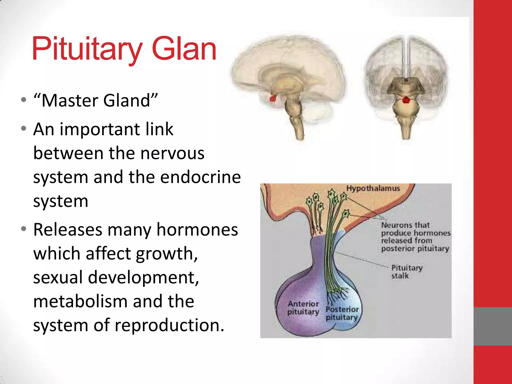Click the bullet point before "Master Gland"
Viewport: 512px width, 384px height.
[24, 100]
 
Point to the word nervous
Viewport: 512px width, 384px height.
[172, 153]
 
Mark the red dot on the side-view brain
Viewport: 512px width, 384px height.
[273, 98]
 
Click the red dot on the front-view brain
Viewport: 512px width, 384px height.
[406, 100]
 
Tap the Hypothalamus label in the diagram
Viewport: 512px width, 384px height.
[373, 188]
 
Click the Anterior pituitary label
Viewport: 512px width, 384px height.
[303, 308]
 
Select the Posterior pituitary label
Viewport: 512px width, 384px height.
[342, 313]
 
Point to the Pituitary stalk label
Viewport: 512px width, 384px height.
[406, 272]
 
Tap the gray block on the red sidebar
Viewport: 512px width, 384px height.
[492, 326]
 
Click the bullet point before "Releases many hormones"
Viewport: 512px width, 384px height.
[24, 229]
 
